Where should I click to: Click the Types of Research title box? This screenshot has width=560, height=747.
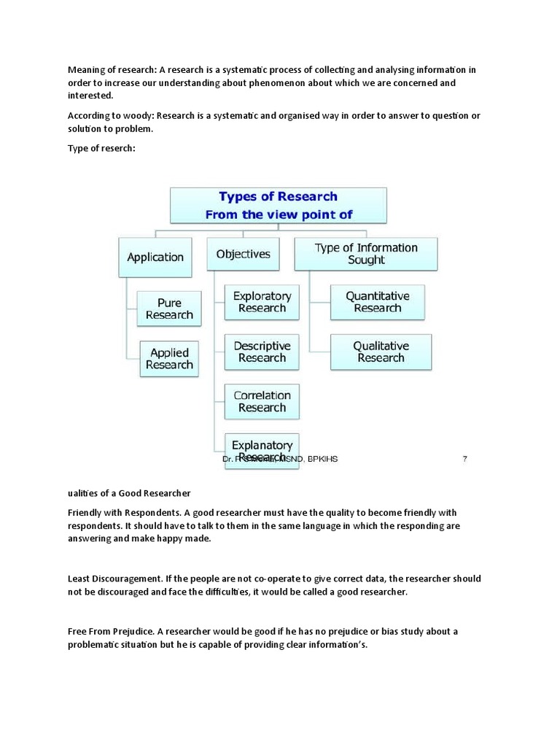(x=279, y=205)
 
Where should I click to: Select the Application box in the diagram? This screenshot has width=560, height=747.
(x=155, y=257)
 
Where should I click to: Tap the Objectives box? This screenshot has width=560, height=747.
(x=243, y=255)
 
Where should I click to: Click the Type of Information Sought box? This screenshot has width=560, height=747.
(x=366, y=253)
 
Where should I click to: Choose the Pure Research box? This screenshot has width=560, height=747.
(x=169, y=309)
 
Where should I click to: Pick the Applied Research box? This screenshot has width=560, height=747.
(x=169, y=358)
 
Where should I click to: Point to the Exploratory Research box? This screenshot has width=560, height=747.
(x=262, y=302)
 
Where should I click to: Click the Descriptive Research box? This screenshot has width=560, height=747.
(x=262, y=352)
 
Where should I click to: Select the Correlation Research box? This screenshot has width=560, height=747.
(x=262, y=401)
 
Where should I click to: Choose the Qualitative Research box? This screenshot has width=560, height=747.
(x=381, y=352)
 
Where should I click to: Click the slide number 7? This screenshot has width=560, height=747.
(x=464, y=459)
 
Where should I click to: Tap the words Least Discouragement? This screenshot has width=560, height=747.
(x=114, y=578)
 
